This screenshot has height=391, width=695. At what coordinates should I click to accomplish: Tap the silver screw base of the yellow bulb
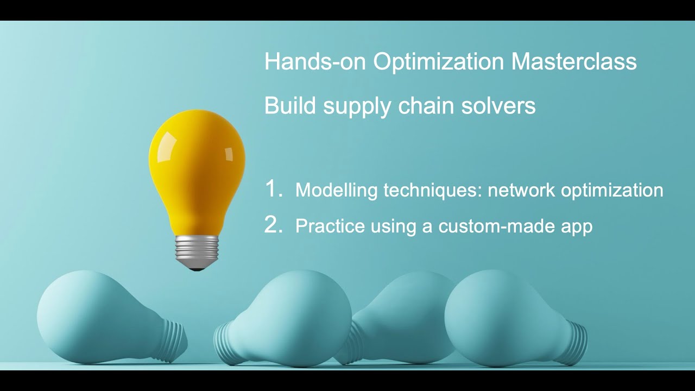197,251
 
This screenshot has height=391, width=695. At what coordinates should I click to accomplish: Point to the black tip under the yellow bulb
197,268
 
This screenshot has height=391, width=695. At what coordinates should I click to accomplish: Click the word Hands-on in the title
315,62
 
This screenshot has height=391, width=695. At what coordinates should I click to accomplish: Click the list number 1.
273,189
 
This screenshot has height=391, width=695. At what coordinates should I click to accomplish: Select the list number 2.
273,225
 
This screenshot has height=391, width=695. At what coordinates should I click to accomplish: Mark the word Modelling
336,191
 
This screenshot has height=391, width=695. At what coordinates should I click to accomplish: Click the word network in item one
521,191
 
